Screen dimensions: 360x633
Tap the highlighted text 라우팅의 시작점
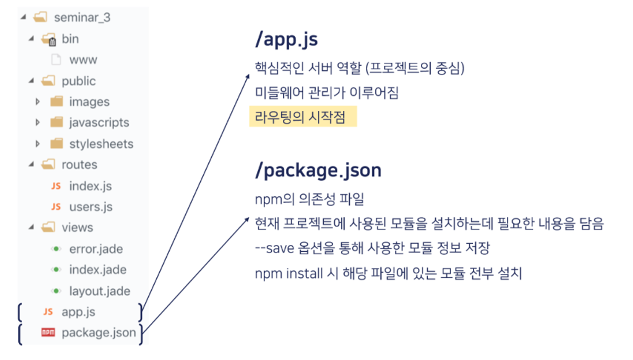pyautogui.click(x=300, y=118)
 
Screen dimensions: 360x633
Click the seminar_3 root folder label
pyautogui.click(x=82, y=18)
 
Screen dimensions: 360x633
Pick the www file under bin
pyautogui.click(x=83, y=60)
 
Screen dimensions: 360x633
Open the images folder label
pyautogui.click(x=89, y=102)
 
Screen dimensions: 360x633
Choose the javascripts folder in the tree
pyautogui.click(x=99, y=123)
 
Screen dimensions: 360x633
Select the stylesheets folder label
pyautogui.click(x=101, y=144)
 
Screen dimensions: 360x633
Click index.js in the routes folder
pyautogui.click(x=90, y=186)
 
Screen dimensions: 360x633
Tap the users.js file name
pyautogui.click(x=91, y=207)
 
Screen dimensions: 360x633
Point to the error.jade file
pyautogui.click(x=96, y=249)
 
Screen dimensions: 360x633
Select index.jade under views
pyautogui.click(x=97, y=270)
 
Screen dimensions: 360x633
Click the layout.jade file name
pyautogui.click(x=99, y=291)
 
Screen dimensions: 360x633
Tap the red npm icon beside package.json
pyautogui.click(x=48, y=333)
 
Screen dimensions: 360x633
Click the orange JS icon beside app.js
pyautogui.click(x=48, y=312)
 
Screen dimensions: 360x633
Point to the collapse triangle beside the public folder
pyautogui.click(x=32, y=81)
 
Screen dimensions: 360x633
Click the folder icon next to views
pyautogui.click(x=48, y=227)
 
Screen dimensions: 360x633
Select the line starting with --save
pyautogui.click(x=372, y=248)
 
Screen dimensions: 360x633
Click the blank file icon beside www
pyautogui.click(x=56, y=60)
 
